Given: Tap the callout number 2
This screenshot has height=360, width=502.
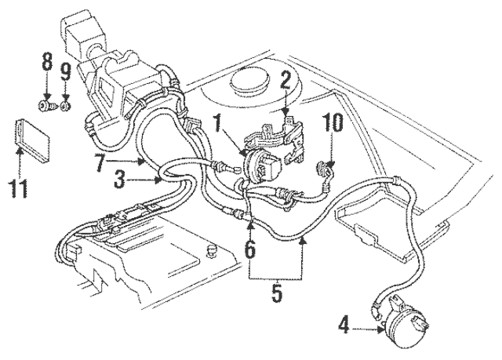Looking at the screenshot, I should tap(286, 81).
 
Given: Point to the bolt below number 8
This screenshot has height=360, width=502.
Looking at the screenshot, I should tap(46, 102).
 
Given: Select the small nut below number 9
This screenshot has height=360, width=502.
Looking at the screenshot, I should tap(66, 103).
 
